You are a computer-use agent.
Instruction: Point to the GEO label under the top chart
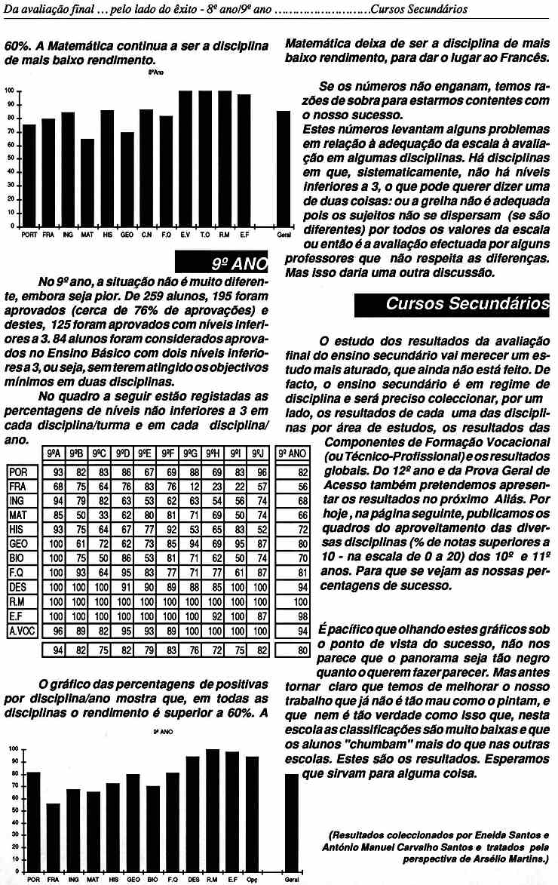click(127, 235)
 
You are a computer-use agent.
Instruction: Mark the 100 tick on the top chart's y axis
click(10, 91)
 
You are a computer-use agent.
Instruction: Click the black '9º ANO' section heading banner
click(222, 263)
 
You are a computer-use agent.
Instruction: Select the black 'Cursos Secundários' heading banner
click(453, 303)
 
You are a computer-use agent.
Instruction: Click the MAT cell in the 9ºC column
click(98, 513)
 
